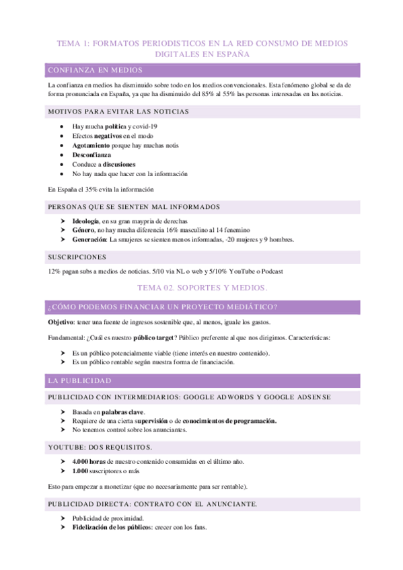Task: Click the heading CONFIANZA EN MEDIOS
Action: click(x=94, y=70)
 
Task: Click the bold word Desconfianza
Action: click(x=92, y=155)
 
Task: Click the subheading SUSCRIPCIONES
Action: click(x=77, y=257)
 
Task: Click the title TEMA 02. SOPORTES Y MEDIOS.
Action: click(x=202, y=287)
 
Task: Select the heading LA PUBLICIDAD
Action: click(x=79, y=380)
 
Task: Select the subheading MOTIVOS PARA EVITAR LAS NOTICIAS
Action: click(x=118, y=111)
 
